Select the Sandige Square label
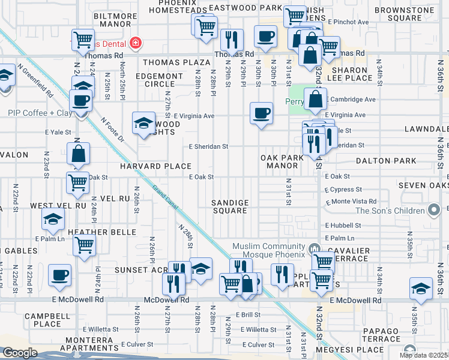pyautogui.click(x=230, y=206)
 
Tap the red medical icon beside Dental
pyautogui.click(x=136, y=43)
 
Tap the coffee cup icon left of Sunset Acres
pyautogui.click(x=59, y=275)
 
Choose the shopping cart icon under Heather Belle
pyautogui.click(x=84, y=244)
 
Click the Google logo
pyautogui.click(x=20, y=353)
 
